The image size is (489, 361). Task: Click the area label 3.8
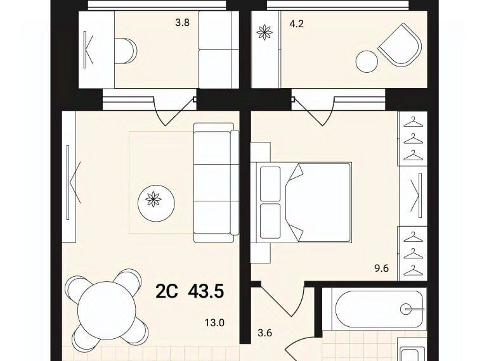183,23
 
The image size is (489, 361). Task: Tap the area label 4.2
297,23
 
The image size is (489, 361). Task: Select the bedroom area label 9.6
381,268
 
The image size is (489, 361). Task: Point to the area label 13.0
214,323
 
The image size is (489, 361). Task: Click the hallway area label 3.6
265,333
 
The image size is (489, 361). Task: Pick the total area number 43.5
206,292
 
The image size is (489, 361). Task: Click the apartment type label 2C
167,292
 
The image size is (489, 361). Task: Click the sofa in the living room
216,182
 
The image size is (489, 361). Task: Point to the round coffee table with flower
156,203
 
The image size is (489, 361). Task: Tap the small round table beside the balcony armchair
367,61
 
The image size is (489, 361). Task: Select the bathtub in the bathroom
379,309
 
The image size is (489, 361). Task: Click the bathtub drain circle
406,309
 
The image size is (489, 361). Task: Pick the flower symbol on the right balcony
264,32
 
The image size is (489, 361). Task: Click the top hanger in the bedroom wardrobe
414,122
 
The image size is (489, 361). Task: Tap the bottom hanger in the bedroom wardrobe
414,270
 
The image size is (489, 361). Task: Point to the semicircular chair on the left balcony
126,51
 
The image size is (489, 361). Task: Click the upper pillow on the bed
270,184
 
